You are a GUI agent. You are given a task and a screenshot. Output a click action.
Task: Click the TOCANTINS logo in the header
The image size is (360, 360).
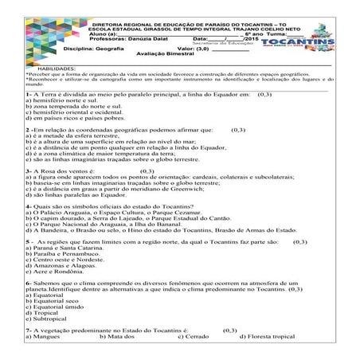click(x=323, y=35)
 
